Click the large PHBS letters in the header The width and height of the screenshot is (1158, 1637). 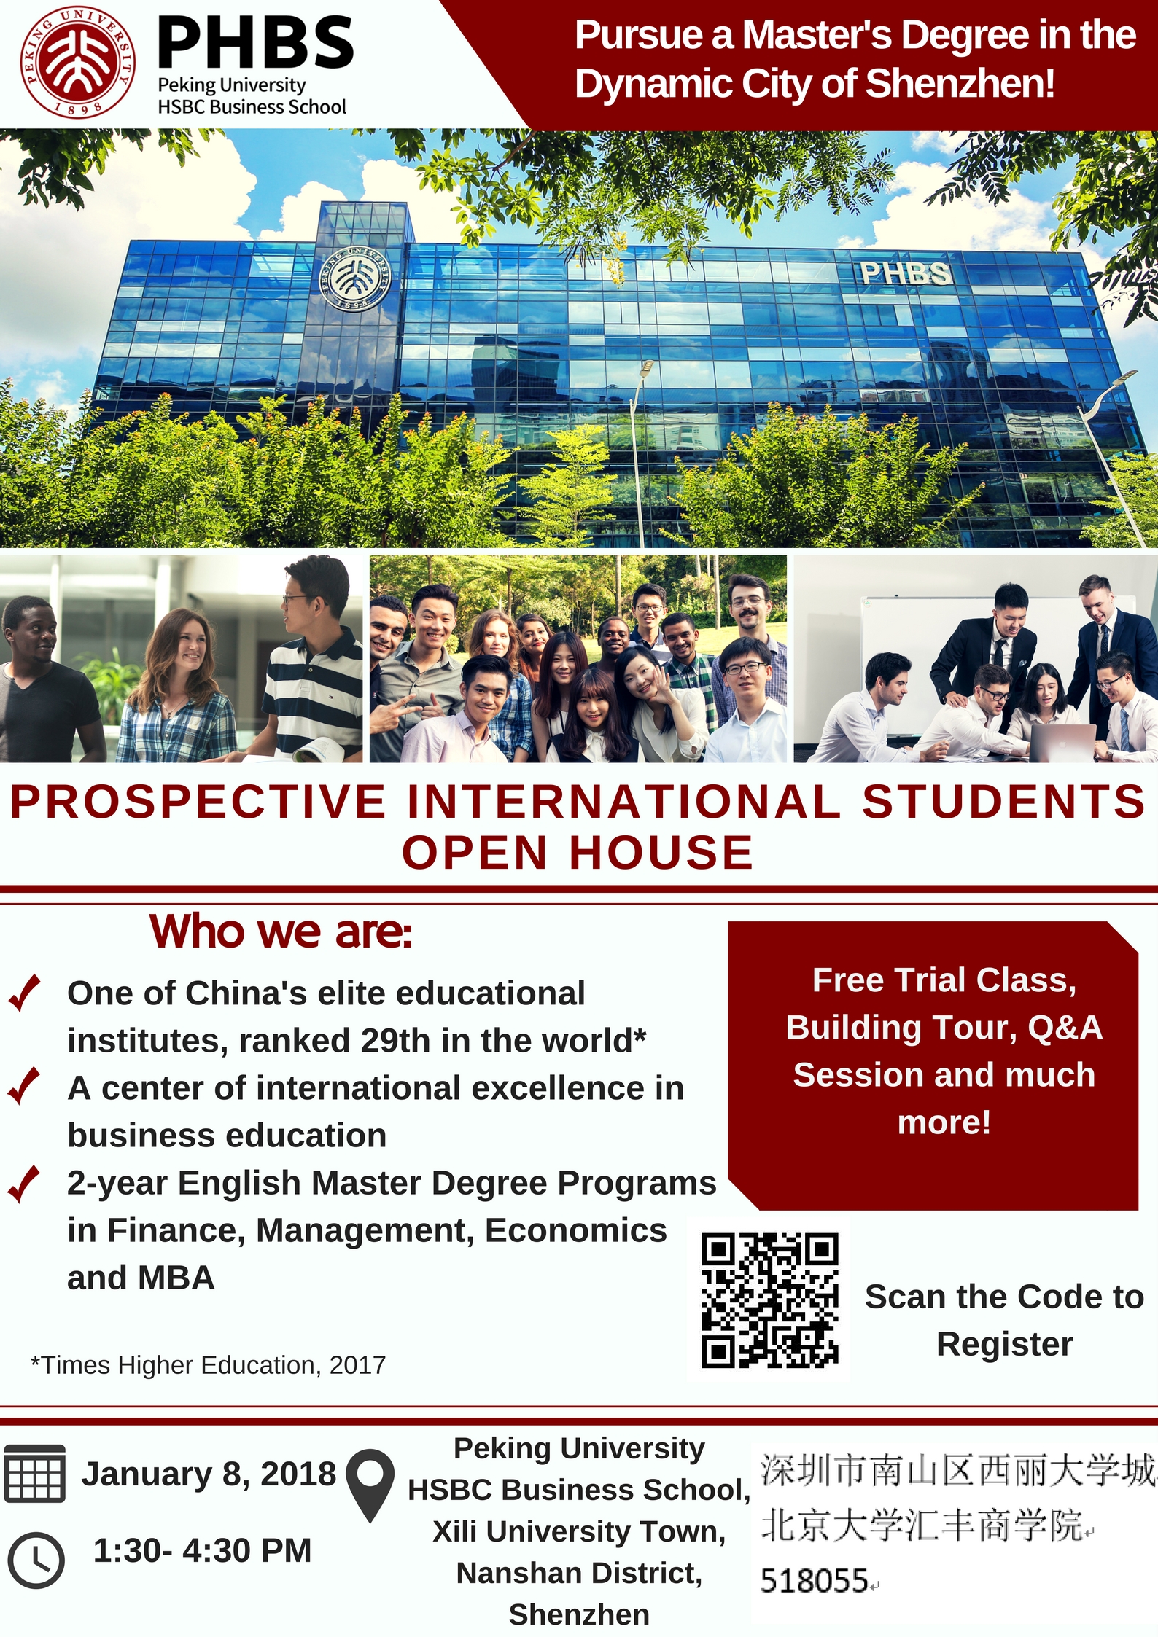click(x=256, y=43)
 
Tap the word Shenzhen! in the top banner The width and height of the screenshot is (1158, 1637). click(x=960, y=83)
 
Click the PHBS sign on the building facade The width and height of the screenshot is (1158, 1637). click(x=905, y=273)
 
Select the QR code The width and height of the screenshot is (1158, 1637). click(x=770, y=1300)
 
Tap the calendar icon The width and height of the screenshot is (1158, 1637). click(x=34, y=1473)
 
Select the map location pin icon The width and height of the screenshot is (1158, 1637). click(x=370, y=1485)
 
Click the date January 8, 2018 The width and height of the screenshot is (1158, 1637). click(x=209, y=1474)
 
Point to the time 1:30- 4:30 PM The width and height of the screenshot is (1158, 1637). click(x=202, y=1550)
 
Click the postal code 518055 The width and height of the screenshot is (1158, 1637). click(x=814, y=1582)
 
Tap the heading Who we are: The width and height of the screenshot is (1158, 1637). click(x=281, y=932)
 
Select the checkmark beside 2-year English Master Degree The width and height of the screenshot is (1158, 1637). click(x=24, y=1184)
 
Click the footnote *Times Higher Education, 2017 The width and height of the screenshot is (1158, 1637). click(x=208, y=1365)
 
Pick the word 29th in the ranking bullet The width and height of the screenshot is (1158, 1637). click(x=397, y=1041)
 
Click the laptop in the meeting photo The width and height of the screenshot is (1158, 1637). click(x=1061, y=742)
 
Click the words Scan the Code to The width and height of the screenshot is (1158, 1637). click(x=1004, y=1297)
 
